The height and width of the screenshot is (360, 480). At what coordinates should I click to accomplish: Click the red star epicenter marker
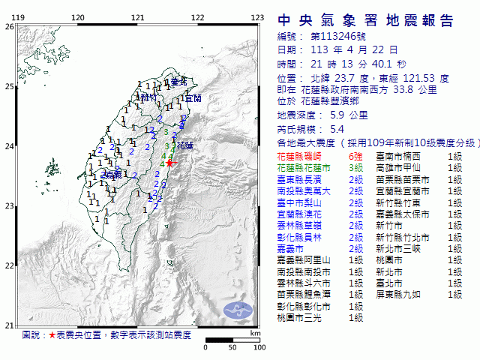tap(170, 162)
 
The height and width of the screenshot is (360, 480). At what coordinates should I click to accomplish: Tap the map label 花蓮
tap(185, 145)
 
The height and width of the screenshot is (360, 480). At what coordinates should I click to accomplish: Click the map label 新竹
tap(148, 97)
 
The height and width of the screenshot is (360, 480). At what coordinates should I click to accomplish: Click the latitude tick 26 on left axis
tap(8, 26)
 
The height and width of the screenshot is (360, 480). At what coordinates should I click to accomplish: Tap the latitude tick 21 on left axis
tap(8, 325)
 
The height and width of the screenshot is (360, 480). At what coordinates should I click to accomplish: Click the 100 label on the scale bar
tap(259, 347)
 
